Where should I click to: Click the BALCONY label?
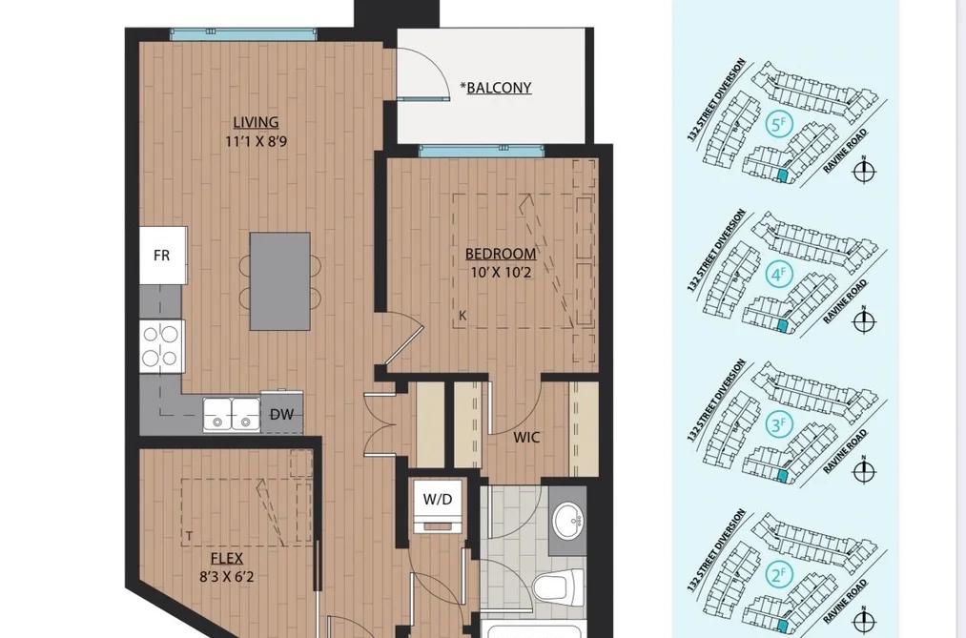(499, 88)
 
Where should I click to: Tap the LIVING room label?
(256, 122)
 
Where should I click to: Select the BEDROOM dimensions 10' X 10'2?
(501, 272)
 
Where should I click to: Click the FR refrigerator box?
(163, 255)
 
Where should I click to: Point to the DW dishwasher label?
(281, 415)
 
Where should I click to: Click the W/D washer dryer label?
(438, 500)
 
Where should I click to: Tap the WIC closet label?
(526, 437)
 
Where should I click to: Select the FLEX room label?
(227, 559)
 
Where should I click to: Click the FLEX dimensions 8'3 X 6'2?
(227, 577)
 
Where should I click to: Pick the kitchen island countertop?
(279, 281)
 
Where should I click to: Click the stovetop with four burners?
(162, 346)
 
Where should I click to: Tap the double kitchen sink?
(232, 415)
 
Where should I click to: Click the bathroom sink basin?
(568, 521)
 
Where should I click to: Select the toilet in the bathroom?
(559, 587)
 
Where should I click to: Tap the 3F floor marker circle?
(778, 424)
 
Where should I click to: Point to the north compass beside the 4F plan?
(864, 320)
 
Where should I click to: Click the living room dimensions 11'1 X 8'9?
(256, 141)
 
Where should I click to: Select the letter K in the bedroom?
(462, 316)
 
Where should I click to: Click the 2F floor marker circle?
(778, 574)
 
